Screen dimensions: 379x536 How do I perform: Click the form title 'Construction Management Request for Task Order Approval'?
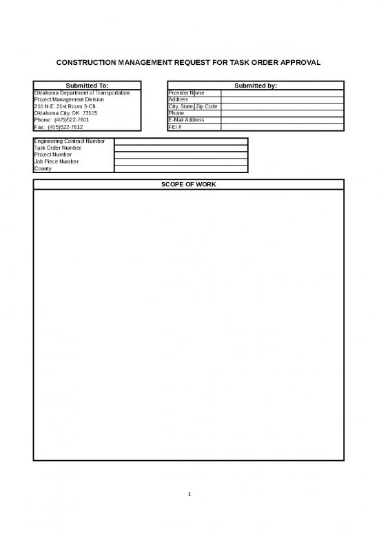[188, 62]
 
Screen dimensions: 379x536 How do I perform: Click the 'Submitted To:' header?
[87, 86]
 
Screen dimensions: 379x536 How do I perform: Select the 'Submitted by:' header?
[256, 86]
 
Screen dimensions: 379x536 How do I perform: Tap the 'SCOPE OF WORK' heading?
[188, 185]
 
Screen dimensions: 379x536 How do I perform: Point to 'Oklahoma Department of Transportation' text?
[82, 92]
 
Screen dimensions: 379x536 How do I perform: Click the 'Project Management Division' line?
[69, 99]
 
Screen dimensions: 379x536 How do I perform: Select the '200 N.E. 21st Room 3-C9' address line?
[65, 106]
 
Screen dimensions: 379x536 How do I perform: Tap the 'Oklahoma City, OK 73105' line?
[65, 113]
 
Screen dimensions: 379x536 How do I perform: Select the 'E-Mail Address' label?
[186, 120]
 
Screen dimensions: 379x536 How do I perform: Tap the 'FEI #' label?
[175, 127]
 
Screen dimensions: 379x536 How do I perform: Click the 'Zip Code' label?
[207, 106]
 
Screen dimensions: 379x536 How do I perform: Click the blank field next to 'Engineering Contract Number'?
[181, 141]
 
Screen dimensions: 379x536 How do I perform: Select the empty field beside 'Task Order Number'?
[181, 148]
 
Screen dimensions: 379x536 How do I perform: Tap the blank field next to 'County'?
[181, 168]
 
